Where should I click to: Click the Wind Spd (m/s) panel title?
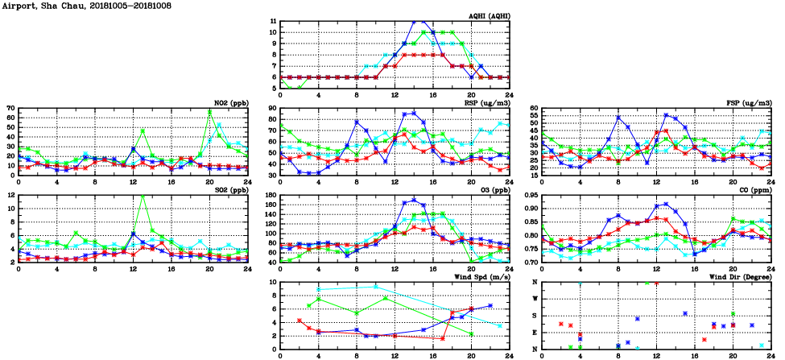click(478, 276)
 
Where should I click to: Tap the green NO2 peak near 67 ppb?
click(209, 110)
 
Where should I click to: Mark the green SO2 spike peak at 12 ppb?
click(143, 196)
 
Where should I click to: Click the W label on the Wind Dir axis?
click(535, 299)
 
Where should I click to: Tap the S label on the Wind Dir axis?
click(535, 316)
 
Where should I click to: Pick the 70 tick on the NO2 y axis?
click(10, 109)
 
